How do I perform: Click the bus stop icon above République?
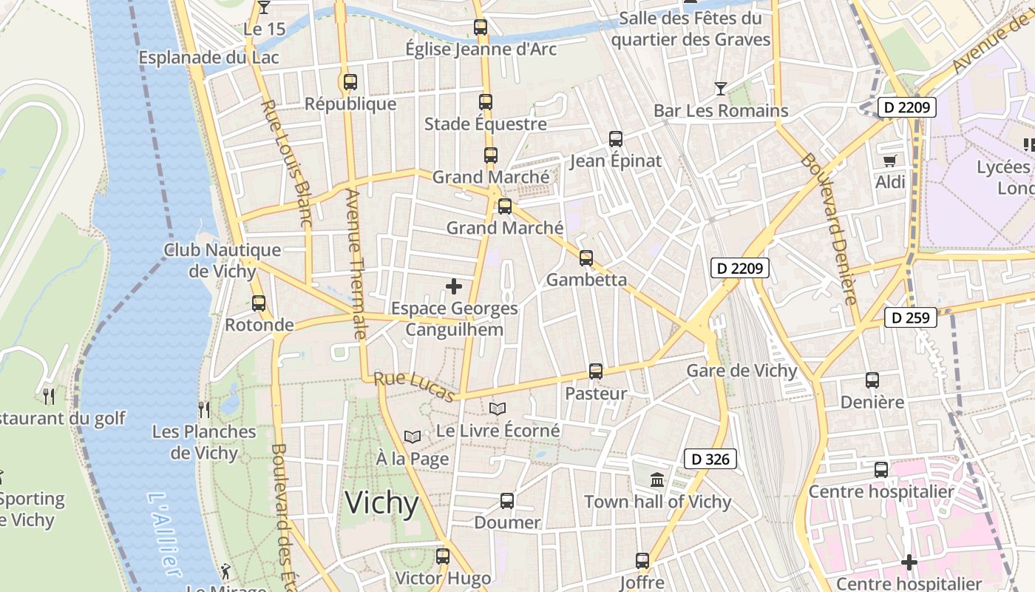pos(350,82)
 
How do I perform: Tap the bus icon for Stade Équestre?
pos(486,102)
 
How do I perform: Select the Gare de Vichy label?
pos(742,371)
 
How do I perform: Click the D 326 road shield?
pos(710,460)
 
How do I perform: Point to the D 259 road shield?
pos(911,318)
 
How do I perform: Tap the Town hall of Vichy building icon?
pos(657,480)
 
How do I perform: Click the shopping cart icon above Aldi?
pos(890,161)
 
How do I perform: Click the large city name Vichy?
pos(382,503)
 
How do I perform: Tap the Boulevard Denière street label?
pos(828,229)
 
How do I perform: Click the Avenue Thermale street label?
pos(356,264)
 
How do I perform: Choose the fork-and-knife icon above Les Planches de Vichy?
pos(204,409)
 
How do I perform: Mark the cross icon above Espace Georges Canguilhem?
pos(454,286)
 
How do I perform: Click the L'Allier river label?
pos(163,534)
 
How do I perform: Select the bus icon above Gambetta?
pos(586,258)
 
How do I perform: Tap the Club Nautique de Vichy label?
pos(222,260)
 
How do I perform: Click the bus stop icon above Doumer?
pos(507,501)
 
